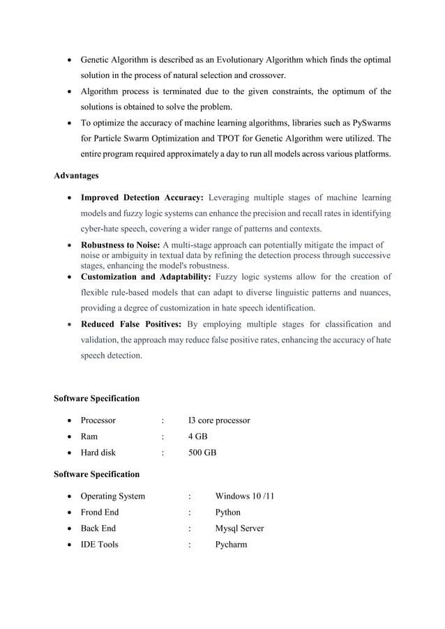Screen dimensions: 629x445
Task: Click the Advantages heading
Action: [x=76, y=175]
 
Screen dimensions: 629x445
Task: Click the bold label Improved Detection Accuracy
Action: [x=142, y=197]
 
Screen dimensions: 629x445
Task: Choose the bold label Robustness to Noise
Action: [x=120, y=245]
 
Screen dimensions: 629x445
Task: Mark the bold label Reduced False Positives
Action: [x=131, y=324]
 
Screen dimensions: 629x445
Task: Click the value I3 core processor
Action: [x=219, y=420]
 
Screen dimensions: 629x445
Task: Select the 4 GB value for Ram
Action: [x=198, y=437]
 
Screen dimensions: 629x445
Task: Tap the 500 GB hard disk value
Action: [x=202, y=453]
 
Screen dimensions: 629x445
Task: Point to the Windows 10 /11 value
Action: [x=244, y=497]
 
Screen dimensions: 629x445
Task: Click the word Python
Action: [x=229, y=513]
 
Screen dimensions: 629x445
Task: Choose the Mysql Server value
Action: [x=239, y=529]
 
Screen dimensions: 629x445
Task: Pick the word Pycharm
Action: [x=231, y=545]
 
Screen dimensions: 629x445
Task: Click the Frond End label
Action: [x=100, y=513]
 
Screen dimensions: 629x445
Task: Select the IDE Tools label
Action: [x=99, y=545]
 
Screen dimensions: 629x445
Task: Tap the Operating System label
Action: [x=113, y=497]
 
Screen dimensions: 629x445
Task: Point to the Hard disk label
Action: [x=98, y=453]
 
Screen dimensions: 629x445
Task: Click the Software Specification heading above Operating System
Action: [x=96, y=474]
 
